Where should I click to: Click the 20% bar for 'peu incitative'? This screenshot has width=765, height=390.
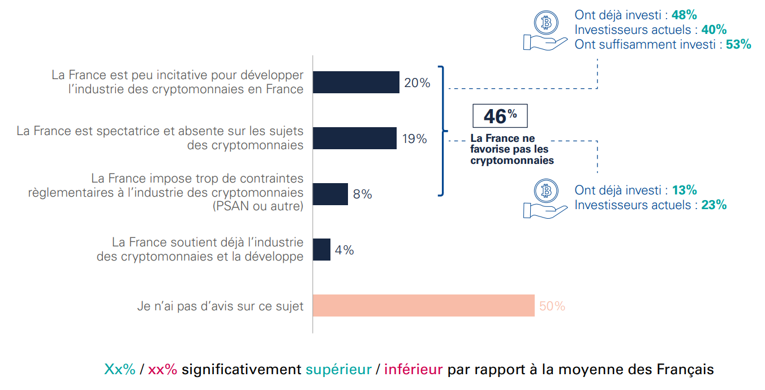click(x=356, y=82)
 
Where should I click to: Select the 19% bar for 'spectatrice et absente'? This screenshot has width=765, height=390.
click(x=354, y=138)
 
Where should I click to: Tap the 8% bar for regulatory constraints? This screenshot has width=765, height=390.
click(x=330, y=194)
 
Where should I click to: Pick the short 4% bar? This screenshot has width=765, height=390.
click(x=321, y=249)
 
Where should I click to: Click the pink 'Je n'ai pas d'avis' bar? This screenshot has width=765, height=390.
click(x=423, y=305)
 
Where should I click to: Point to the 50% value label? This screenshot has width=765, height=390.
click(x=552, y=306)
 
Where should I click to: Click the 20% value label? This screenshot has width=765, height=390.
click(x=417, y=83)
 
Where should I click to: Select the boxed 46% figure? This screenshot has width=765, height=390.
click(x=500, y=116)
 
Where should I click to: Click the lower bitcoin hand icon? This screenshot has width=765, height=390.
click(x=545, y=199)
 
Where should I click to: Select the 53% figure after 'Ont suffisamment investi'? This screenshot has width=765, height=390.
click(x=738, y=45)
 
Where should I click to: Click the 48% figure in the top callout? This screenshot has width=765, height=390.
click(x=684, y=15)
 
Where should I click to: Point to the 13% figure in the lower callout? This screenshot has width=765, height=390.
click(x=684, y=190)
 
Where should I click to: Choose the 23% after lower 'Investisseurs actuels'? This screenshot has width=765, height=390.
click(x=714, y=205)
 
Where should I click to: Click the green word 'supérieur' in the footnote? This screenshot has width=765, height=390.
click(x=338, y=370)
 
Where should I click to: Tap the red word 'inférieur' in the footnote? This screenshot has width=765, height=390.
click(x=413, y=370)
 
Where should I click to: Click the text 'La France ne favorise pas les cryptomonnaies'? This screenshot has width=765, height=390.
click(x=511, y=149)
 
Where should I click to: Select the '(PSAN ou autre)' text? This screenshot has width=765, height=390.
click(x=258, y=206)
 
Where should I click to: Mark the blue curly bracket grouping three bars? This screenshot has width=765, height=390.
click(x=442, y=131)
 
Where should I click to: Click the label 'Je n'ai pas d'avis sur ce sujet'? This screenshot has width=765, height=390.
click(x=220, y=306)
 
